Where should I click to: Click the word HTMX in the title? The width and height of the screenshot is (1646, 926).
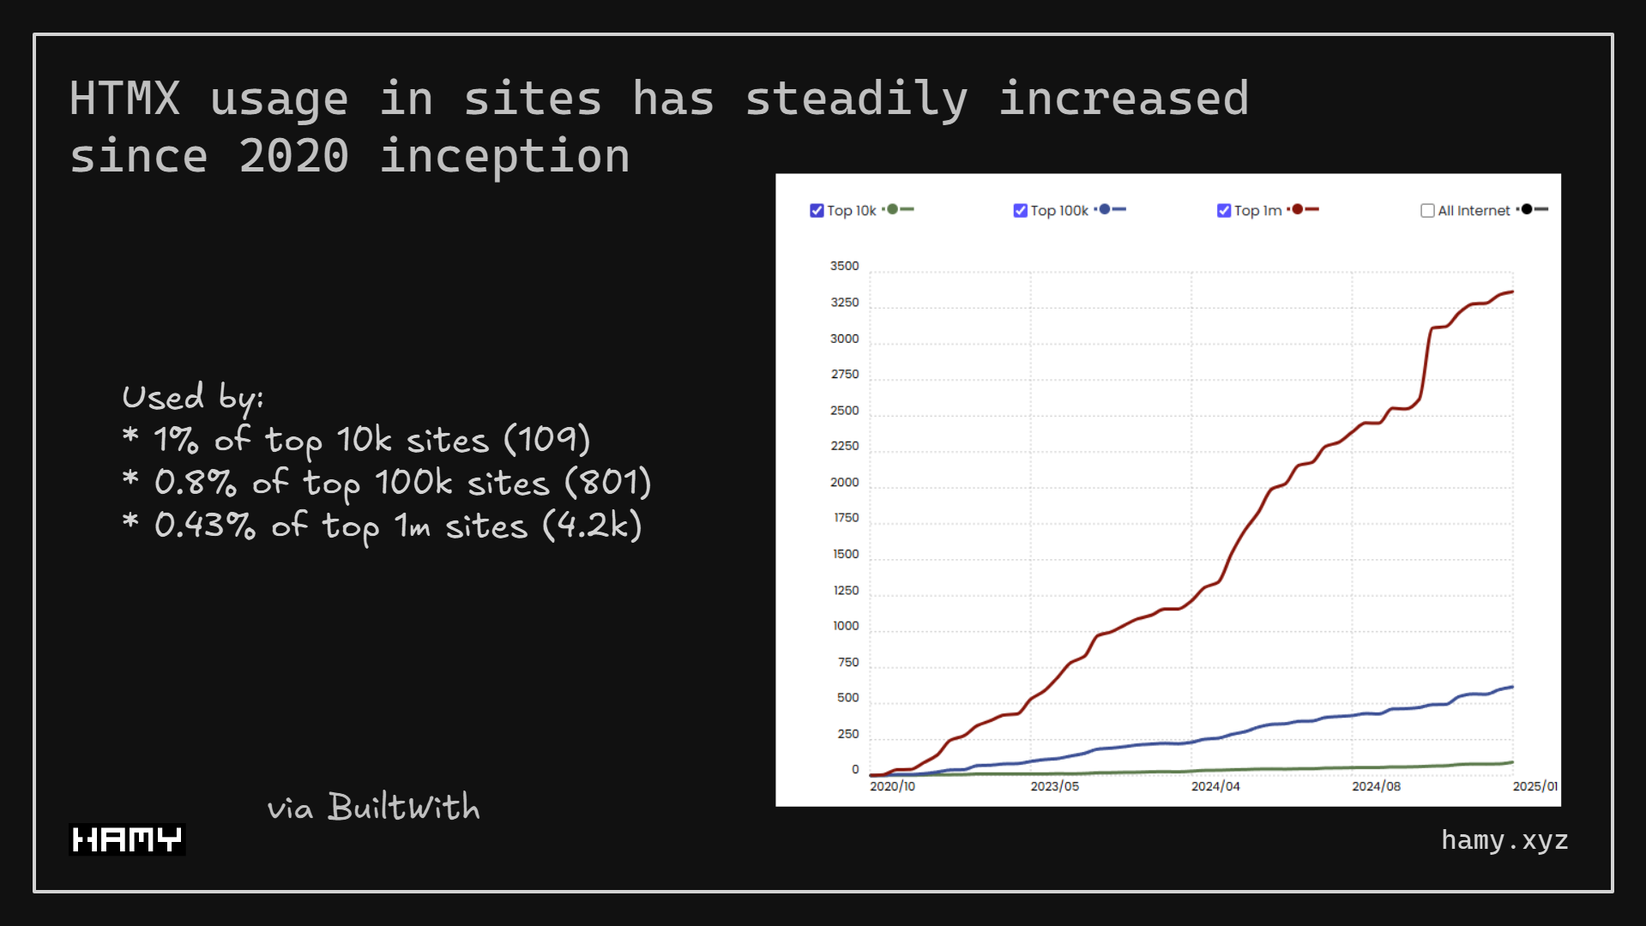125,98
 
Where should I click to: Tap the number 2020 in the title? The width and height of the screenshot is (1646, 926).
293,156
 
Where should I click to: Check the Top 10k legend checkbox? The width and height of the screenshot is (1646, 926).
817,211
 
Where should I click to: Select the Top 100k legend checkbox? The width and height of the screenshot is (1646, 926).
1020,211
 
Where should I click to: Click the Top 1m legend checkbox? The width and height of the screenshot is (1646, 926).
1224,211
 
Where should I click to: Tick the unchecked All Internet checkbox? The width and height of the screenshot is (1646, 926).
1427,211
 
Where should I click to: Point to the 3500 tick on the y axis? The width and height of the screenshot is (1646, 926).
844,267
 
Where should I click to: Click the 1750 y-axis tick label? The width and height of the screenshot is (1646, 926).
846,518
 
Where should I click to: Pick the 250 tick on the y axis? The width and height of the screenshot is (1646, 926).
847,734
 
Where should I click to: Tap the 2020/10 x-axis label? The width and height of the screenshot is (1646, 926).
892,786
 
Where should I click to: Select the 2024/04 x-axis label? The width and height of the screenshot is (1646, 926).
1215,786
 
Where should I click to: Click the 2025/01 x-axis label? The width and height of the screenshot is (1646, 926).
1534,786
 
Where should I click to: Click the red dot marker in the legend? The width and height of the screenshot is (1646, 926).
1298,209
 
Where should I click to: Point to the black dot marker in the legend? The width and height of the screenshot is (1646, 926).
1527,209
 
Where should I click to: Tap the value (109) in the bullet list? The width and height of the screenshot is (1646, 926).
546,440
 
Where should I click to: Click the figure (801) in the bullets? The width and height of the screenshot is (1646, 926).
608,483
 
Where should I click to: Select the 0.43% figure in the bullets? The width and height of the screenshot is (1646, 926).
204,526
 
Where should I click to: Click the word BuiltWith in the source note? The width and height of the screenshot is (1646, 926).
403,808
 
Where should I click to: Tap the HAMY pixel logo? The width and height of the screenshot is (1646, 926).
127,839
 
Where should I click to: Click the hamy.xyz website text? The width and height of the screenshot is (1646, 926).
1504,840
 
